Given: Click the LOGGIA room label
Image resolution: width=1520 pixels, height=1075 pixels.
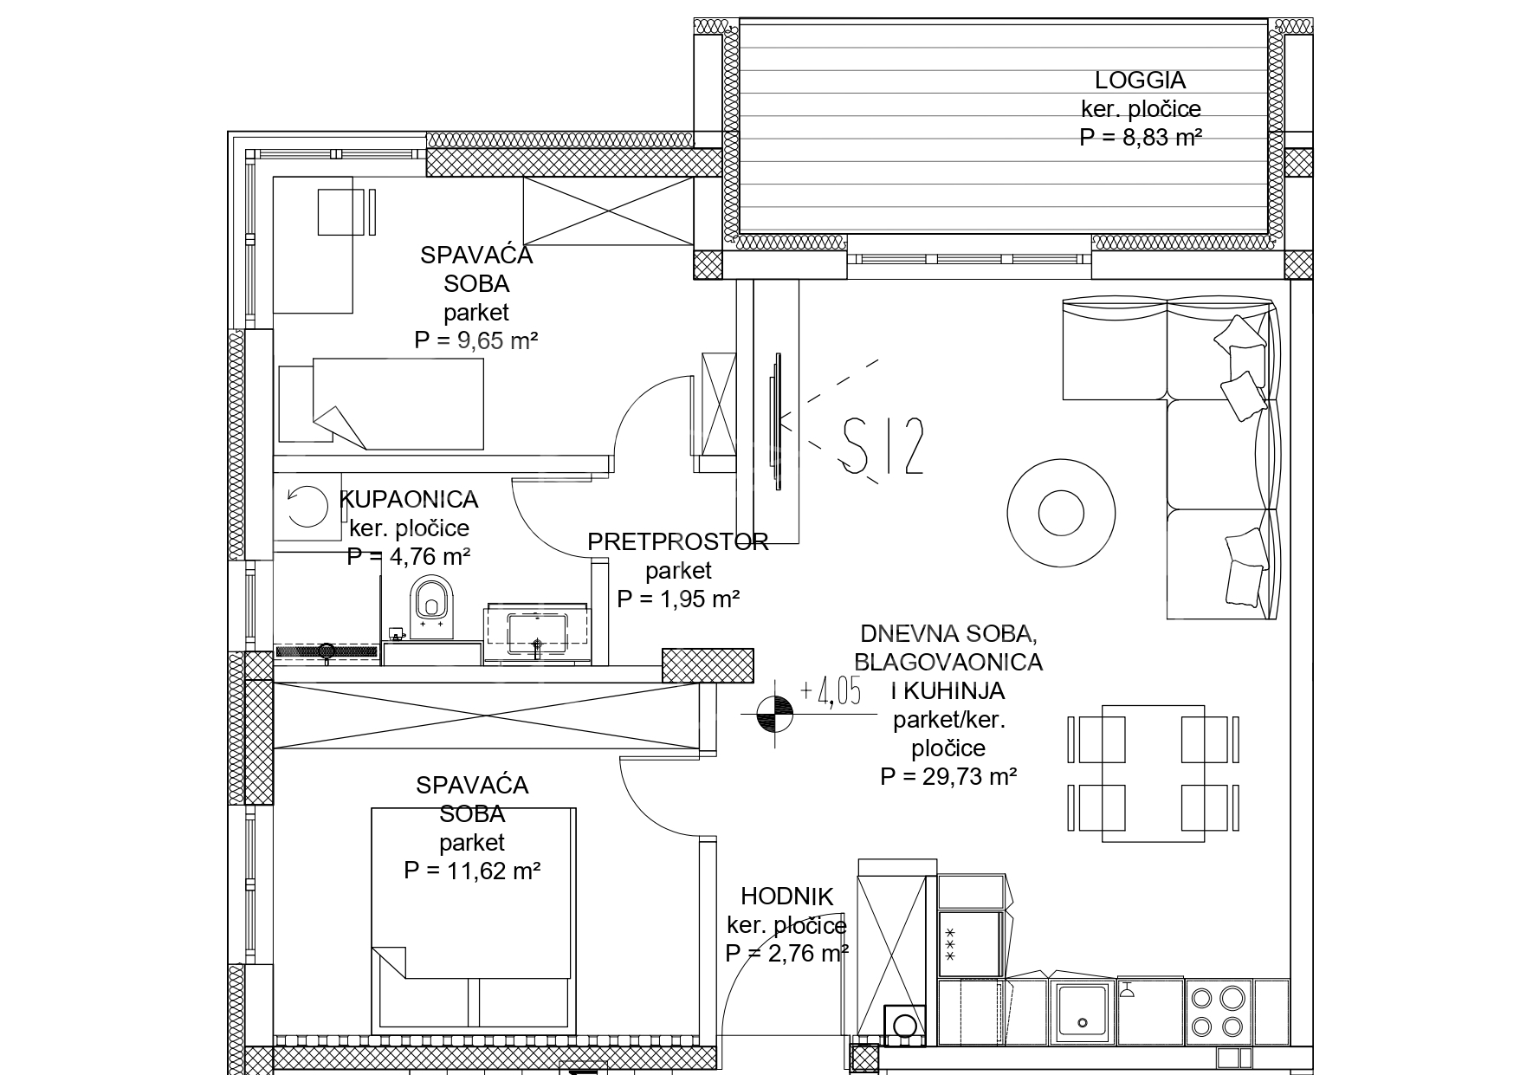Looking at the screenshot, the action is tap(1140, 81).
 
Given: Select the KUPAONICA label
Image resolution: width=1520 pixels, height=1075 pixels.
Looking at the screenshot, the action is tap(409, 499).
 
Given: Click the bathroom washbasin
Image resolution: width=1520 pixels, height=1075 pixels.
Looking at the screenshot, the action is tap(538, 633).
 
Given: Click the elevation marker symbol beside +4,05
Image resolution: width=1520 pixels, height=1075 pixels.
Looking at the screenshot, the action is tap(774, 714).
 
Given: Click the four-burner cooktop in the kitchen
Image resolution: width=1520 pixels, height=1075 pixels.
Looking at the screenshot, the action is tap(1219, 1011).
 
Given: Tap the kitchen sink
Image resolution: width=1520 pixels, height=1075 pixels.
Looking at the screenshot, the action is tap(1083, 1010).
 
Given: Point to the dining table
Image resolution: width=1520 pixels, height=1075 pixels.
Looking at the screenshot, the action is tap(1153, 773).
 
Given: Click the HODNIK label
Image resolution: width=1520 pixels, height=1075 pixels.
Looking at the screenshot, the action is tap(786, 897).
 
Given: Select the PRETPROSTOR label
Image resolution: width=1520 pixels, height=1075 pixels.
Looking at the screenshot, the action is tap(677, 542).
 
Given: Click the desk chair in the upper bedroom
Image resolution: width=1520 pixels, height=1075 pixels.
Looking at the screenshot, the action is tap(340, 211).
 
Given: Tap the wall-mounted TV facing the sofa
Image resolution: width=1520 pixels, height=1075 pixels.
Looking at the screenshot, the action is tap(776, 422).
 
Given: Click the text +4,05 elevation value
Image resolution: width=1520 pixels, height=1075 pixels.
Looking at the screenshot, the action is tap(831, 694).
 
